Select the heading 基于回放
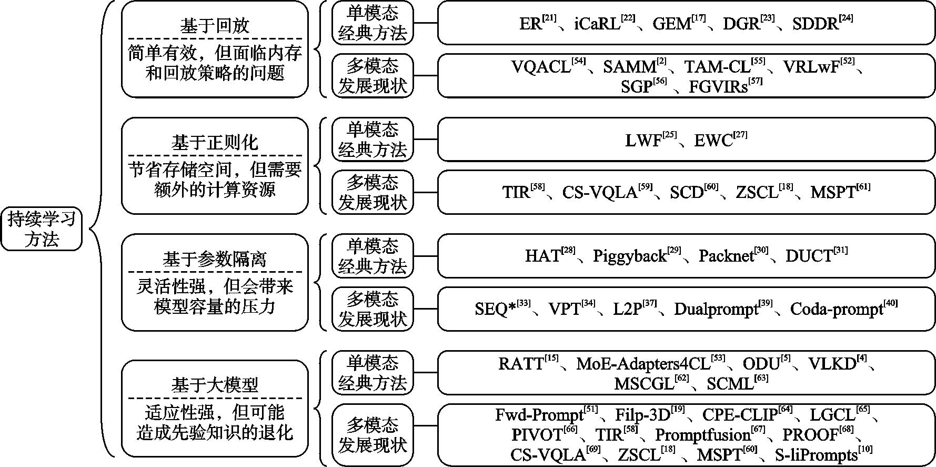pyautogui.click(x=215, y=26)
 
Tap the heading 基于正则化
pyautogui.click(x=215, y=143)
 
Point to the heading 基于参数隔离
pyautogui.click(x=215, y=259)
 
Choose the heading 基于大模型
pyautogui.click(x=215, y=385)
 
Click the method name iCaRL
pyautogui.click(x=597, y=24)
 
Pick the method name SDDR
pyautogui.click(x=815, y=24)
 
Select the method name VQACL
pyautogui.click(x=540, y=67)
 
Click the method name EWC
pyautogui.click(x=713, y=141)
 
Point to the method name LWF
pyautogui.click(x=643, y=141)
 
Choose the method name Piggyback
pyautogui.click(x=630, y=256)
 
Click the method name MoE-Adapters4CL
pyautogui.click(x=643, y=364)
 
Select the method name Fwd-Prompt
pyautogui.click(x=539, y=415)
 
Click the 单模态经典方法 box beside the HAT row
pyautogui.click(x=373, y=256)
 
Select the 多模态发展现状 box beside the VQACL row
pyautogui.click(x=373, y=76)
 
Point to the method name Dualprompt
pyautogui.click(x=716, y=309)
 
